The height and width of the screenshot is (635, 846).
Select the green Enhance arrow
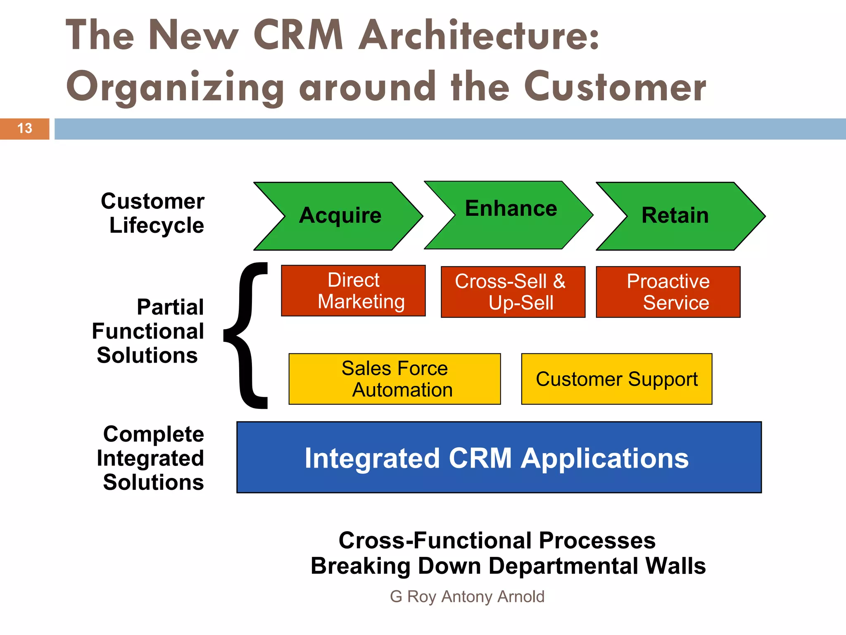(510, 215)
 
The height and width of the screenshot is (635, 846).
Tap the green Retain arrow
(677, 216)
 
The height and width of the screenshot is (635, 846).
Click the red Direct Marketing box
(353, 291)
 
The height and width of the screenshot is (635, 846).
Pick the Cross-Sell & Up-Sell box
(513, 292)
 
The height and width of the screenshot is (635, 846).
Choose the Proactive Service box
(668, 292)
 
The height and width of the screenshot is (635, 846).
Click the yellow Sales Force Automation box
(394, 379)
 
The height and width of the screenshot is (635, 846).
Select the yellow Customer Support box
(616, 379)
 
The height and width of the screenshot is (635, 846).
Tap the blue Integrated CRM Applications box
(499, 457)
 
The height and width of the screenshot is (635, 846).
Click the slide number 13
(25, 129)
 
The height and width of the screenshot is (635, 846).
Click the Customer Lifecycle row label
(153, 213)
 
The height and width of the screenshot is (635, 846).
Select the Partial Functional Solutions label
(149, 331)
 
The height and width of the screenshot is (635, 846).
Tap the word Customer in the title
(615, 87)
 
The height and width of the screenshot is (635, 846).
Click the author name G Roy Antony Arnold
(467, 597)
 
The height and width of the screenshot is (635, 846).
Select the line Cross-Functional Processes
(497, 540)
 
